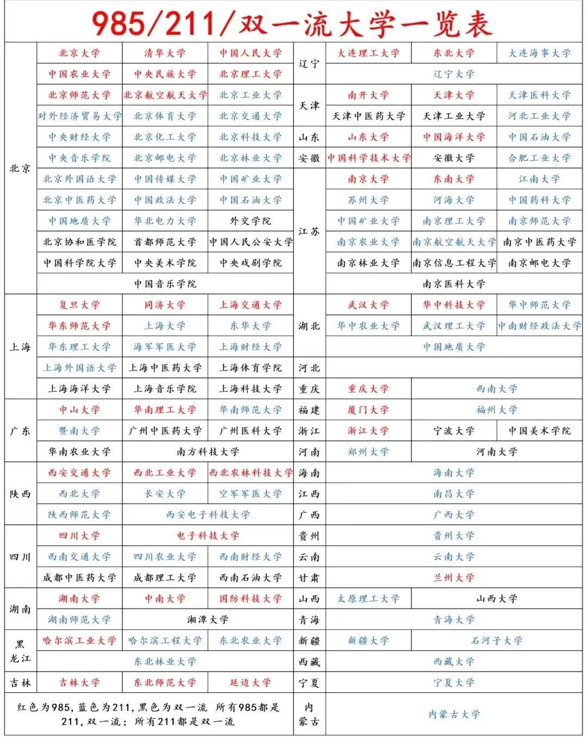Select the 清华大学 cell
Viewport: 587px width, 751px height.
coord(165,53)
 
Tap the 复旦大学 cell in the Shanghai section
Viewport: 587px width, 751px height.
coord(79,305)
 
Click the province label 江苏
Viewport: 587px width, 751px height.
coord(309,232)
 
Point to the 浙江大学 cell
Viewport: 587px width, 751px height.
coord(369,431)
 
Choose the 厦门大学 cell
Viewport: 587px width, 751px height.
coord(369,410)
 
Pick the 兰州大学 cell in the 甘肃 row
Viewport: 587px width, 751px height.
coord(454,578)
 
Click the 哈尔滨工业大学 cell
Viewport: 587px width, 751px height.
coord(79,641)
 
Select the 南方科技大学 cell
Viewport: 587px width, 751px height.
coord(208,452)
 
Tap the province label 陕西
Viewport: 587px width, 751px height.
coord(21,494)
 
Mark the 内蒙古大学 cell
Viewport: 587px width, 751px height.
coord(454,715)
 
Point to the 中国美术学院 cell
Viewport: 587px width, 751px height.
coord(540,431)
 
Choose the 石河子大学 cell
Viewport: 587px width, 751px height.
coord(497,641)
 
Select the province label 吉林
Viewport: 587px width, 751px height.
coord(21,683)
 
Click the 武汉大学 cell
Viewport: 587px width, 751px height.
coord(369,305)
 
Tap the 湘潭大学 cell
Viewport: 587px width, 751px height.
coord(208,620)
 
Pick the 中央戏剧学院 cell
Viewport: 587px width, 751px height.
coord(251,263)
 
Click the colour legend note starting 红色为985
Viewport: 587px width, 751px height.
coord(148,715)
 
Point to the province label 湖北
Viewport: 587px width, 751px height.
coord(309,326)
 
